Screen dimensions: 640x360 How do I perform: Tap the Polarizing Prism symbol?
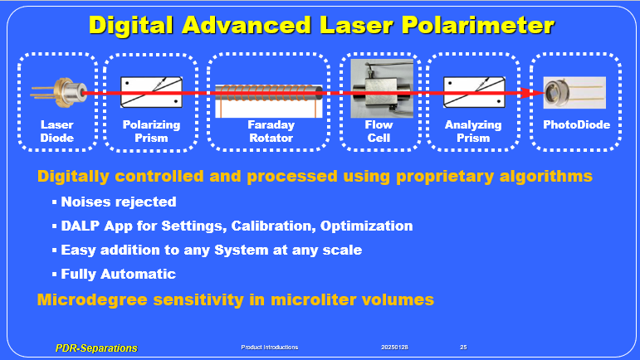click(151, 92)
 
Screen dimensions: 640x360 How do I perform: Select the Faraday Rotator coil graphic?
click(269, 101)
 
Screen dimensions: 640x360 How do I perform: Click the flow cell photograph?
click(382, 89)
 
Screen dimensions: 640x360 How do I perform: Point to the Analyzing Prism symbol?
click(474, 92)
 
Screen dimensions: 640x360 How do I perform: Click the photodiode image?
click(574, 93)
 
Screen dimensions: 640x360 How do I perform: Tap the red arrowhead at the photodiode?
click(538, 93)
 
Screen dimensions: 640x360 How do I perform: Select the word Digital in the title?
click(131, 26)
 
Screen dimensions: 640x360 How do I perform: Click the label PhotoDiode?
click(576, 124)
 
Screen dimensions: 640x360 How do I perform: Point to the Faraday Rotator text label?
click(271, 131)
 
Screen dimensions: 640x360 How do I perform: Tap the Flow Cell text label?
click(379, 131)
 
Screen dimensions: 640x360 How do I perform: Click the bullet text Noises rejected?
click(119, 202)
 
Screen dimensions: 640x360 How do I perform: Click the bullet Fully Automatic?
click(119, 274)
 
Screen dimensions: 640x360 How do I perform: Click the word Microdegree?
click(92, 300)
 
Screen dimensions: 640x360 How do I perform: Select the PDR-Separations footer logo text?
click(96, 348)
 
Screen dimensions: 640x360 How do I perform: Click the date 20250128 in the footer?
click(394, 348)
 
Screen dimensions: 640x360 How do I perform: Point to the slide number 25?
click(463, 348)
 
